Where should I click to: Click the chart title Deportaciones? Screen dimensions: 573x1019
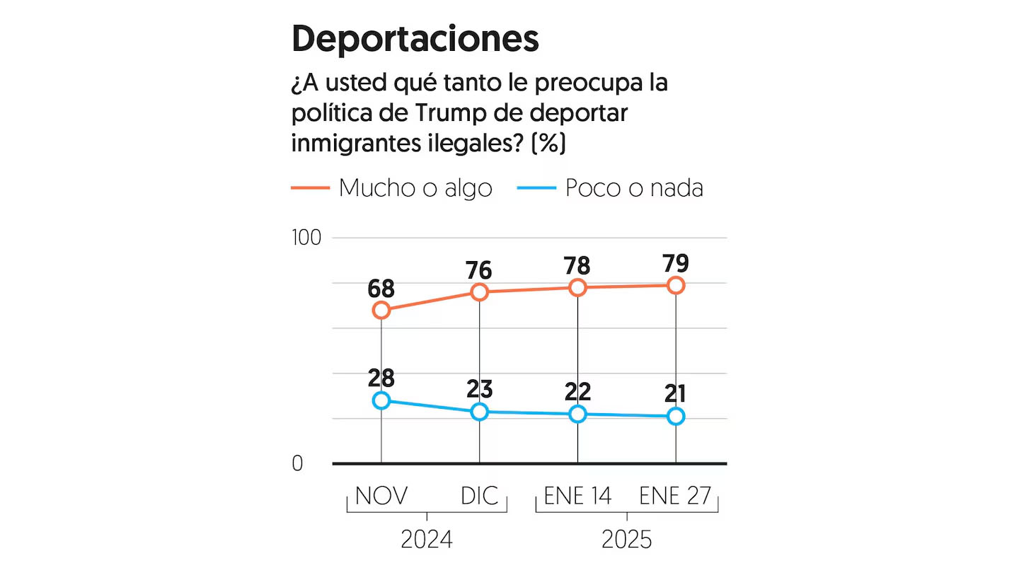click(415, 39)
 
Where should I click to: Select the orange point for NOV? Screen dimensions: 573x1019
click(381, 310)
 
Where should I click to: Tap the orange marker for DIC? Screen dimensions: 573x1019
click(480, 291)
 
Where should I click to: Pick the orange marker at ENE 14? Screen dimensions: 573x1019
click(578, 287)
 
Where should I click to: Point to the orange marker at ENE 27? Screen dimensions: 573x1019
click(676, 285)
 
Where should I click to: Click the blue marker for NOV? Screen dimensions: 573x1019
click(381, 400)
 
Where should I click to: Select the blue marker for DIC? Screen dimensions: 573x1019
click(480, 412)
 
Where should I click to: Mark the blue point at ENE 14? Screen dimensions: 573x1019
click(578, 414)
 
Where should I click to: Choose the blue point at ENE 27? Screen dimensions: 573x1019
click(676, 416)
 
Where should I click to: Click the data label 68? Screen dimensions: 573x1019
click(381, 289)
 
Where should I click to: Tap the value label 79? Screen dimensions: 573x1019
click(676, 263)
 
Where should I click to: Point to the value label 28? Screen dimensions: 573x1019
click(381, 378)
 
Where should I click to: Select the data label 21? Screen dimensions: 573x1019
click(676, 393)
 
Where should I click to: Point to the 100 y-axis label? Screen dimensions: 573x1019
click(306, 238)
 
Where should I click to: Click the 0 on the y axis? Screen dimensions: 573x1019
click(297, 463)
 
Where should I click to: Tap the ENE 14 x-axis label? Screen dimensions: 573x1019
click(577, 496)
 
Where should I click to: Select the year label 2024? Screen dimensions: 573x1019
click(426, 540)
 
